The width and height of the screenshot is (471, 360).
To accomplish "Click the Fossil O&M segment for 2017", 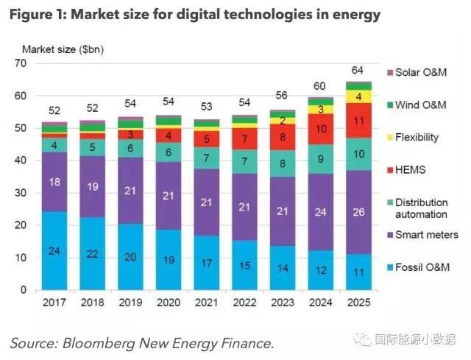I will [x=54, y=250].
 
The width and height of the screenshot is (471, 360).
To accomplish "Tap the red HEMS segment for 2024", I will [x=321, y=129].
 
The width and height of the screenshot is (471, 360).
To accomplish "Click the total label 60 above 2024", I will [x=321, y=85].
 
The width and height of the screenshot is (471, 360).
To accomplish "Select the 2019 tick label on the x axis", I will [x=130, y=303].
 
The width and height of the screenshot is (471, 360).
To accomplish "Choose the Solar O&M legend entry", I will [x=418, y=72].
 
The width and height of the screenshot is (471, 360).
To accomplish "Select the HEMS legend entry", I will [x=411, y=169].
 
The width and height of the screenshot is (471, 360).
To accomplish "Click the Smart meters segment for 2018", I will [x=92, y=186].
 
